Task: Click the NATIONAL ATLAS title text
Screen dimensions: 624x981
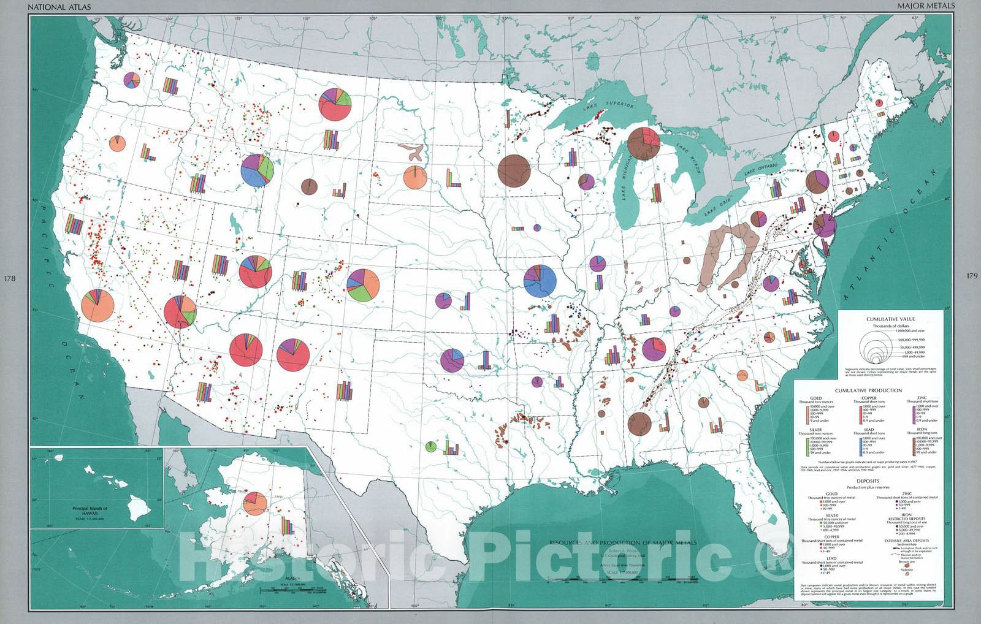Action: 56,7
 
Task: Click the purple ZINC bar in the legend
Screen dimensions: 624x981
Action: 914,413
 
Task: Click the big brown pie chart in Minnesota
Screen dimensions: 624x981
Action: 514,170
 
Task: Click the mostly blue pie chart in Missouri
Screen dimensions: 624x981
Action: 540,280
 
